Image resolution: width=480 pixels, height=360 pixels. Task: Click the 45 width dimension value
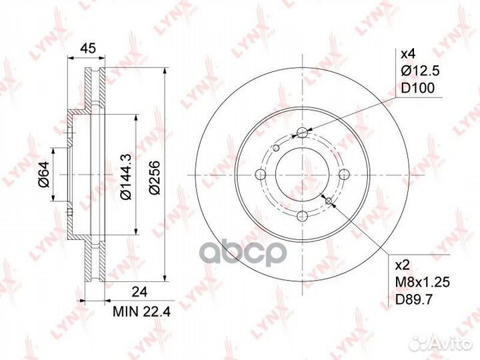coord(88,47)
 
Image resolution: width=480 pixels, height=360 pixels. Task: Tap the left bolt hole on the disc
coord(260,174)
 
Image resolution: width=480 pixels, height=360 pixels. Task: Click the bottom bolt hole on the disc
coord(302,216)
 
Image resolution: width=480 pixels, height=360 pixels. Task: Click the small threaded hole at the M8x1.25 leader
coord(329,199)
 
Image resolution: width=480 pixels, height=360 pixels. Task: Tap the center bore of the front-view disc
coord(302,174)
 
